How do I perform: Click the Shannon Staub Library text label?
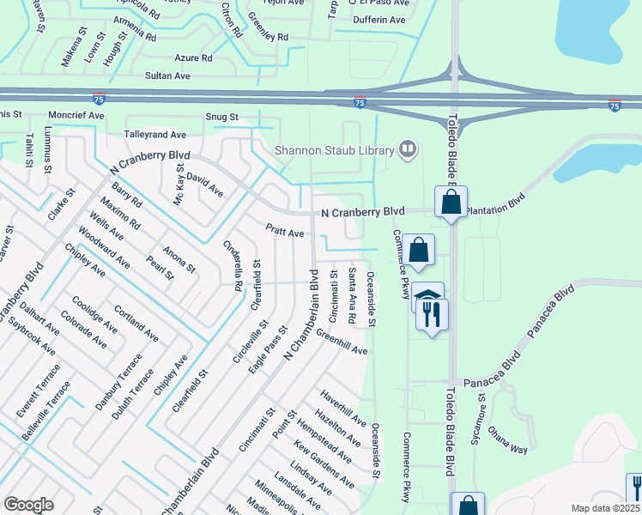coord(334,150)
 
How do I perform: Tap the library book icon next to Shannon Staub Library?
coord(408,150)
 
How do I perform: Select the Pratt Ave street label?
coord(285,232)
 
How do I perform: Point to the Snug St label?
coord(221,117)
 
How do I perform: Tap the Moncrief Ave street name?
coord(76,114)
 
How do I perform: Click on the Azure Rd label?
coord(195,58)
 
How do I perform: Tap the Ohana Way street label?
coord(506,439)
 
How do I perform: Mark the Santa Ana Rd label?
coord(353,294)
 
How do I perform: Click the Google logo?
coord(28,504)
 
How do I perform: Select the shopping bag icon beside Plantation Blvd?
coord(451,203)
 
